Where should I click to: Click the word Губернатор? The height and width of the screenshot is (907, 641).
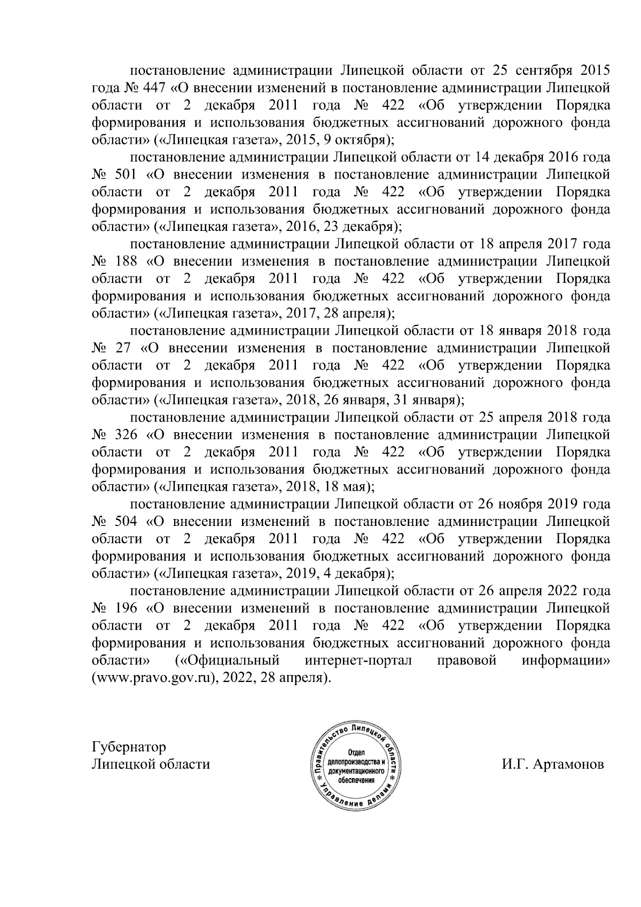coord(129,747)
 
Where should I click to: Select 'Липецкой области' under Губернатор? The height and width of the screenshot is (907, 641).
coord(151,764)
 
